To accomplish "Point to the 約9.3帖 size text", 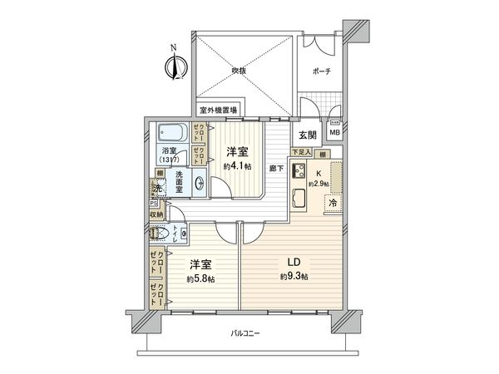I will click(294, 276).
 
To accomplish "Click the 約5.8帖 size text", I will click(200, 278).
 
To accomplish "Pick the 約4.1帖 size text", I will click(236, 165).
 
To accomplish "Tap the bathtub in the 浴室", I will click(172, 132).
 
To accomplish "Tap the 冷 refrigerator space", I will click(331, 202).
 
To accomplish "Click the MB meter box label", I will click(335, 132).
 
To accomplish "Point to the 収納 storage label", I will click(157, 214).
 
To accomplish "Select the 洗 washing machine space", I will click(156, 189).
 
